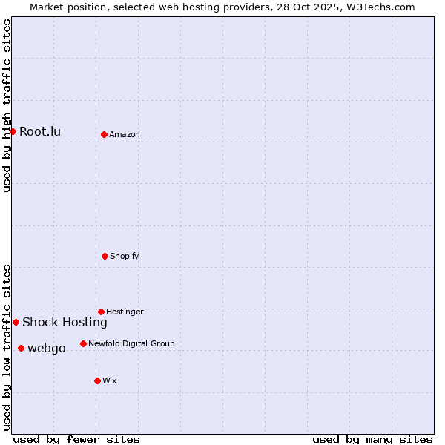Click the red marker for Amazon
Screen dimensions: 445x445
(x=104, y=134)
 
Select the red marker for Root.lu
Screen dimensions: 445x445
(x=13, y=131)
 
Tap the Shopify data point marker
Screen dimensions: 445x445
(x=105, y=256)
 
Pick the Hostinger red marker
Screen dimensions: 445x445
(x=101, y=311)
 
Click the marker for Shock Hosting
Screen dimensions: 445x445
(x=16, y=322)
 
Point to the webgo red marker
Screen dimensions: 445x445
(x=21, y=348)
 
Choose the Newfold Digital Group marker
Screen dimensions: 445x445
(x=83, y=343)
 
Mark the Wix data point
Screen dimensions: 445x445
(x=97, y=380)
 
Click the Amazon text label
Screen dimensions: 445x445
(x=125, y=134)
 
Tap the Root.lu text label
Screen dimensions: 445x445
(x=40, y=132)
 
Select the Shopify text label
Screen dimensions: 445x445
(x=125, y=256)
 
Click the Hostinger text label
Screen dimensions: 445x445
(x=125, y=311)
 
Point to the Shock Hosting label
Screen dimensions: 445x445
(x=65, y=322)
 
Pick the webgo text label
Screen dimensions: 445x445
(x=46, y=349)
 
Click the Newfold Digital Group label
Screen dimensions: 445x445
(x=131, y=343)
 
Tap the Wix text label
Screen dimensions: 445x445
(x=110, y=380)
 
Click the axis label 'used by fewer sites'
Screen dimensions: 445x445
(x=76, y=439)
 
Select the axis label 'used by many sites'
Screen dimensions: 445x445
(x=372, y=439)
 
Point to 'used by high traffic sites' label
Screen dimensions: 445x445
(x=7, y=105)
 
